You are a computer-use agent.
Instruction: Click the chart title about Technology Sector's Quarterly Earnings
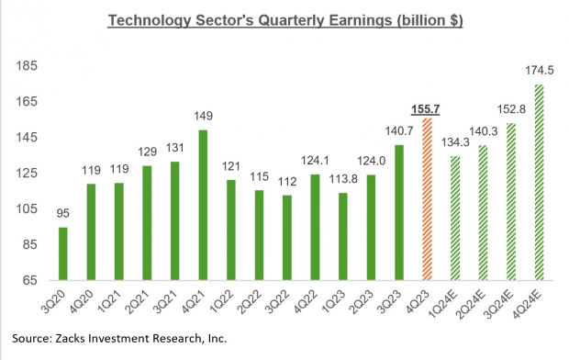(x=284, y=19)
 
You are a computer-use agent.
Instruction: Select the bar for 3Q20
(x=88, y=253)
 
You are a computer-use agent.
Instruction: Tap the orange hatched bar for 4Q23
(x=426, y=198)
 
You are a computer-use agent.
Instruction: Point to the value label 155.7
(x=427, y=109)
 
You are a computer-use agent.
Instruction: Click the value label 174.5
(x=539, y=72)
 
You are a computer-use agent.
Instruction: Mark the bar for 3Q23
(x=397, y=212)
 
